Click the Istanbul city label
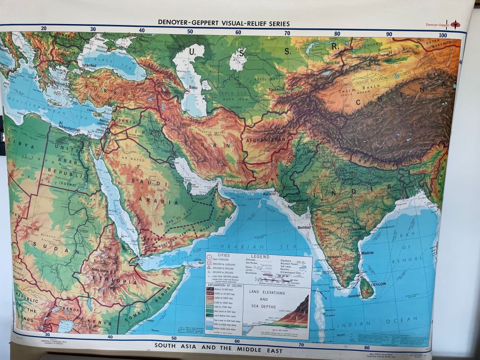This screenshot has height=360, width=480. (x=90, y=64)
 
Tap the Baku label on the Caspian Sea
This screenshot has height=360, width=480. (x=193, y=88)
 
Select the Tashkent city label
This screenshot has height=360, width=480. (x=277, y=90)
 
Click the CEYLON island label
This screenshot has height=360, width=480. (x=378, y=284)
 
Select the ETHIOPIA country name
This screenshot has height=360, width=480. (x=109, y=282)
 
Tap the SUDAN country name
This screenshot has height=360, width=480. (x=46, y=244)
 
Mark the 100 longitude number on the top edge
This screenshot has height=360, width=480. (x=443, y=35)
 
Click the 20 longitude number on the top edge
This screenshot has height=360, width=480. (x=44, y=29)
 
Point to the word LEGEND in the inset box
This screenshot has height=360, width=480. (x=260, y=256)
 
